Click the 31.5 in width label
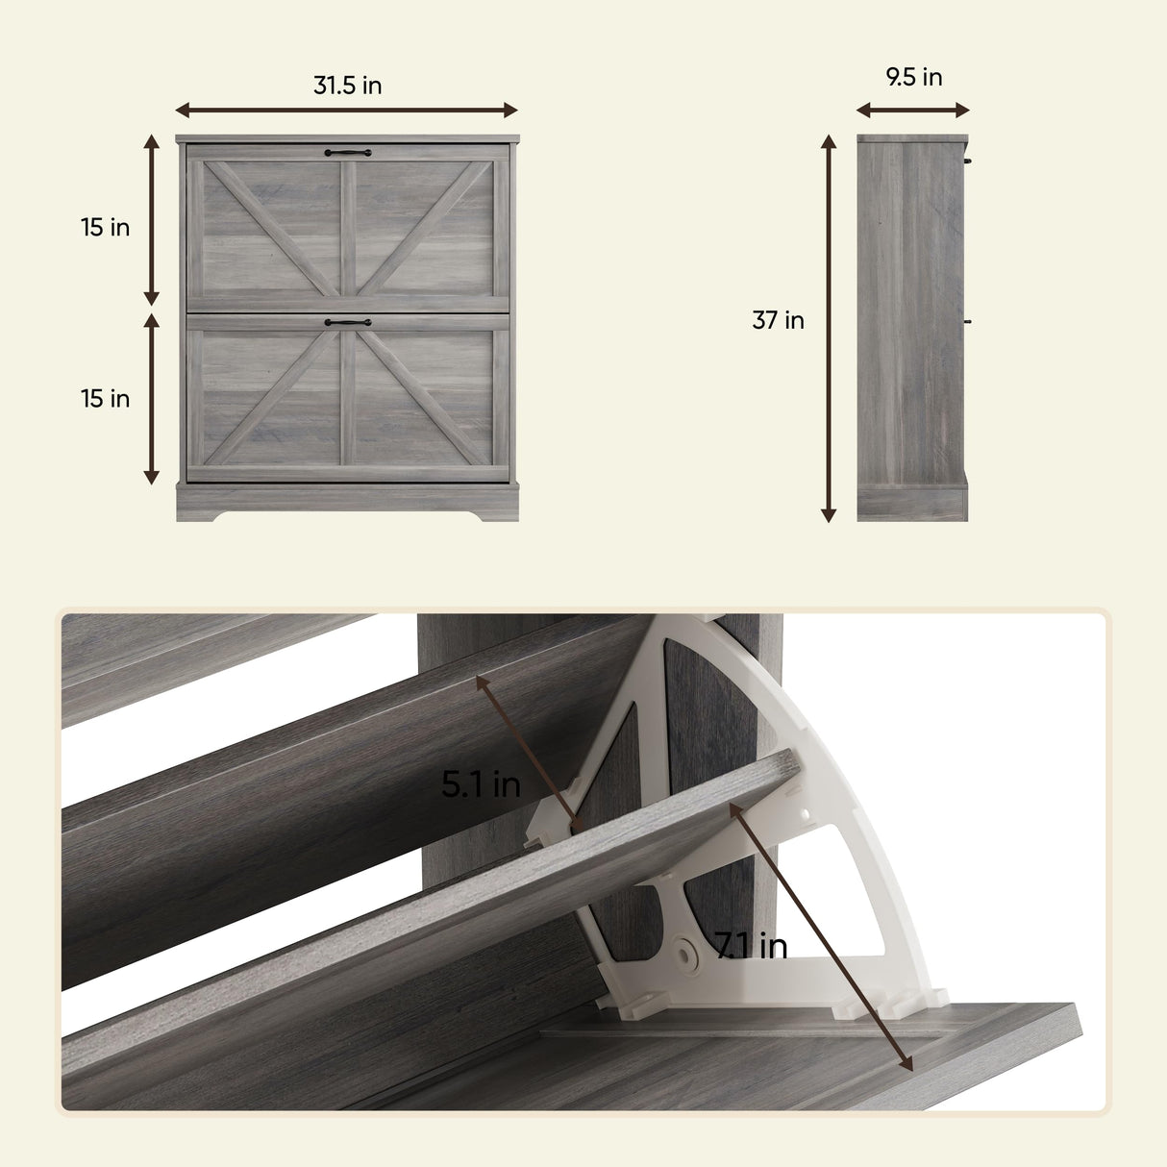[348, 86]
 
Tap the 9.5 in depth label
[914, 77]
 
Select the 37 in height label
[779, 320]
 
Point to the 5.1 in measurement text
[481, 783]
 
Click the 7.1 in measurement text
[751, 945]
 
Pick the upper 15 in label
[106, 227]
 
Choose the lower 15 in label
[106, 399]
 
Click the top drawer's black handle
[348, 152]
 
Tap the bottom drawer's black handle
[348, 322]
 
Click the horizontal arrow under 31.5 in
[346, 111]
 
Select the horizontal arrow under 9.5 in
[913, 111]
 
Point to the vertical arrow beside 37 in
[829, 328]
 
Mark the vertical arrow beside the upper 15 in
[151, 220]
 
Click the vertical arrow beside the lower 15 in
[151, 399]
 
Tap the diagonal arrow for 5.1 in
[530, 755]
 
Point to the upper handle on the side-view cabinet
[968, 161]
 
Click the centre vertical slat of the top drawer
[348, 229]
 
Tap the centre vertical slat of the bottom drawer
[348, 398]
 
